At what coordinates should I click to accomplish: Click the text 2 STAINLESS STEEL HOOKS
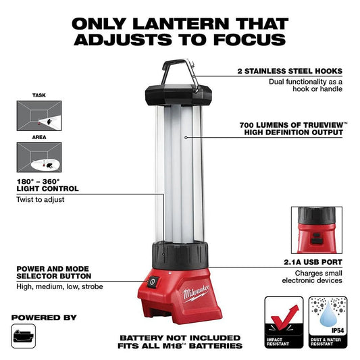[290, 71]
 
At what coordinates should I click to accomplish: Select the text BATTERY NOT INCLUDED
[180, 338]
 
